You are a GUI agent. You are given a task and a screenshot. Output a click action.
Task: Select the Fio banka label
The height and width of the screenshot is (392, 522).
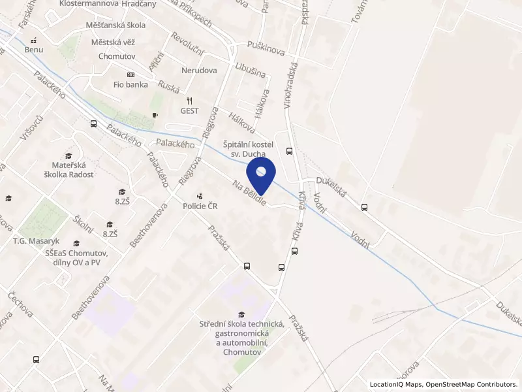130,84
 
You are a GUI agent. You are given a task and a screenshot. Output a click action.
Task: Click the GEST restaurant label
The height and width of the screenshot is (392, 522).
190,110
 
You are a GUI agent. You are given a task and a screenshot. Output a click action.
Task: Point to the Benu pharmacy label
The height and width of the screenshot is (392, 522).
33,49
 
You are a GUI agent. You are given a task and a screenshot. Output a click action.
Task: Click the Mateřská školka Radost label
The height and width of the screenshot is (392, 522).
73,169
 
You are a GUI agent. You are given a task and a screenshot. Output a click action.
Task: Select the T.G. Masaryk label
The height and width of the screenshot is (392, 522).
37,241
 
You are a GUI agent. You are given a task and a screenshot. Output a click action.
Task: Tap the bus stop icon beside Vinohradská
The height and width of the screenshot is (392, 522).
290,150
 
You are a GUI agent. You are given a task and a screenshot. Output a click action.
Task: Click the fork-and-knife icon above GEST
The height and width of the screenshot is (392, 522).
190,101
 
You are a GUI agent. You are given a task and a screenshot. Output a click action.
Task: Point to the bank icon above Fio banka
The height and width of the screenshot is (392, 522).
130,74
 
